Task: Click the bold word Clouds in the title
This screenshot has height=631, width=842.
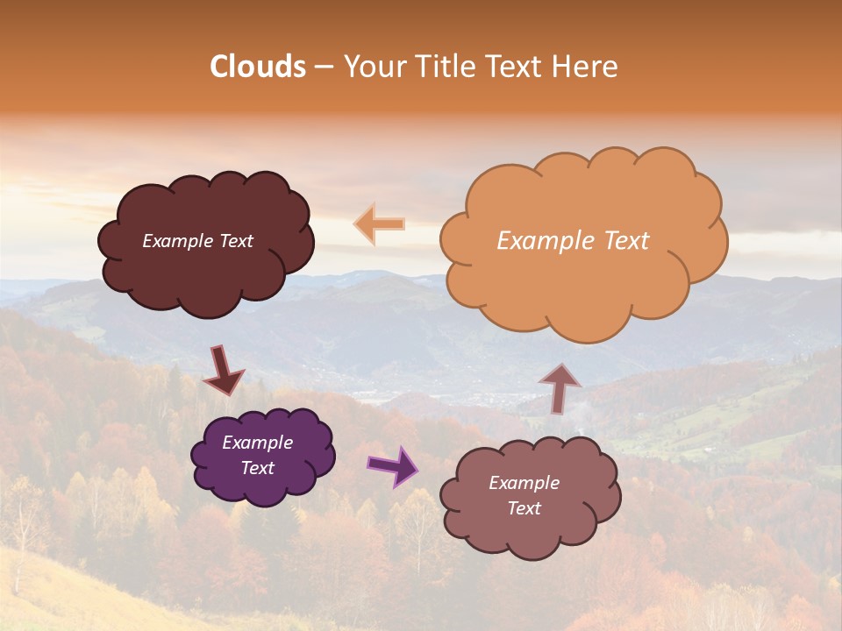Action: click(x=258, y=67)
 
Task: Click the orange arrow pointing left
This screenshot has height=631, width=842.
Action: click(x=380, y=223)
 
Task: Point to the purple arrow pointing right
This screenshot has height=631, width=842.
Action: click(x=394, y=465)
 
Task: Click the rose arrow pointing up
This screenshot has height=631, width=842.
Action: click(x=560, y=387)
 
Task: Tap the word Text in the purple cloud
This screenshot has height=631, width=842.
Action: click(x=258, y=468)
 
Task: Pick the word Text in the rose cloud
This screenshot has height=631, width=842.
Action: click(x=524, y=508)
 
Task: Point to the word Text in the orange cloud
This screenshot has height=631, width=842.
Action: click(x=625, y=240)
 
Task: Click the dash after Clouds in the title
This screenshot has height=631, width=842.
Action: click(x=324, y=67)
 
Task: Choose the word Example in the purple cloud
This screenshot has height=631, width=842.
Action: click(x=257, y=443)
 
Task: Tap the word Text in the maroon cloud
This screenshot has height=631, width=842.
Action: click(x=236, y=241)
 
